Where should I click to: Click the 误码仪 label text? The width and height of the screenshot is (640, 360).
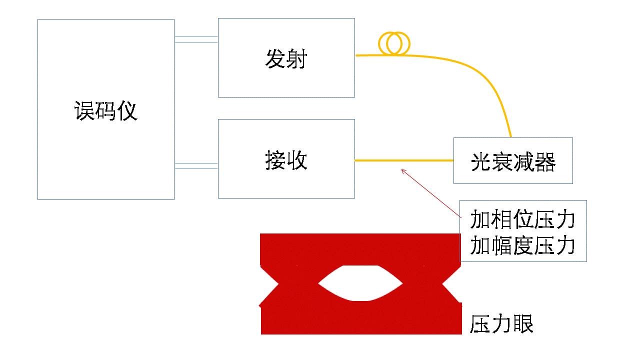click(105, 111)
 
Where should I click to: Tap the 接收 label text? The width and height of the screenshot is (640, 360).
click(286, 161)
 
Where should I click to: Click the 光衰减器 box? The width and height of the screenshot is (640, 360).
click(513, 161)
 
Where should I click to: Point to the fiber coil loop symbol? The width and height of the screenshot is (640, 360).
click(394, 43)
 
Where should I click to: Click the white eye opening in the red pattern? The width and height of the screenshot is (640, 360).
click(360, 283)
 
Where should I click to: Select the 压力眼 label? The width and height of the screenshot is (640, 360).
click(501, 324)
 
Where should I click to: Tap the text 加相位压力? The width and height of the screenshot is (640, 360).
click(522, 219)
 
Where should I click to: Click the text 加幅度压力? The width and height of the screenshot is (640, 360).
click(522, 245)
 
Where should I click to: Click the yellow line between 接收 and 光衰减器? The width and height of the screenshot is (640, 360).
click(404, 160)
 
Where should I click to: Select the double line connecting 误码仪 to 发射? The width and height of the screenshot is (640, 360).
click(196, 39)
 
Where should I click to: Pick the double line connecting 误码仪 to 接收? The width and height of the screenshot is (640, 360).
click(196, 166)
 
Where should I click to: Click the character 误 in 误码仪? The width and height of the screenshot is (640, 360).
click(85, 111)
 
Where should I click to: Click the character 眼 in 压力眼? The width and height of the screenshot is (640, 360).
click(523, 324)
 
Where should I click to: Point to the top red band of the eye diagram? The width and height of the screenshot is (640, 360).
click(360, 248)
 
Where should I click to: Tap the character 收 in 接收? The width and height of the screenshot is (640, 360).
click(296, 161)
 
